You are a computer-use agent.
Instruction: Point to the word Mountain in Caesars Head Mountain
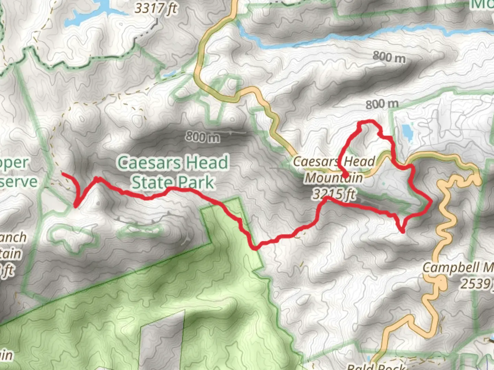tap(334, 178)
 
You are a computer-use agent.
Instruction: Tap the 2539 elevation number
tap(475, 284)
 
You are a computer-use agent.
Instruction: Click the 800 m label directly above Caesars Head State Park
tap(203, 137)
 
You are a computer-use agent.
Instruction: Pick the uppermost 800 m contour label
tap(389, 57)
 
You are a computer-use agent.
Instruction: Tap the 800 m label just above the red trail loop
tap(382, 104)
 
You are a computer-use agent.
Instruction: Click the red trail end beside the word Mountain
tap(347, 177)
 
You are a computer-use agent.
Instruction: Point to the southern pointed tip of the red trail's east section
tap(402, 232)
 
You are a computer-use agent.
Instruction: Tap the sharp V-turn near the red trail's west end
tap(75, 206)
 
